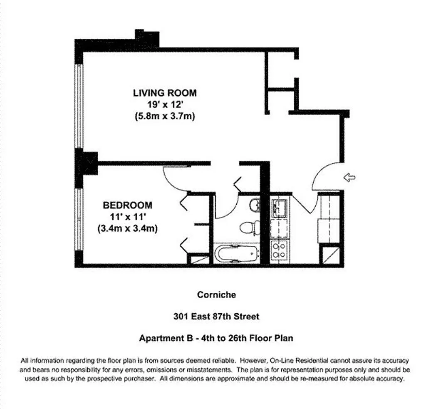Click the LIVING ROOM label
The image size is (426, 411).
click(165, 93)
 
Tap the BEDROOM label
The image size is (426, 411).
click(127, 205)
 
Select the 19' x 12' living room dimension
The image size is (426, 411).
click(165, 104)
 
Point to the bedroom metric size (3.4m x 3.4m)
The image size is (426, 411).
click(127, 228)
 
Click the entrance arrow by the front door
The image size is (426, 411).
click(349, 178)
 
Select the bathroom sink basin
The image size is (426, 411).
click(255, 205)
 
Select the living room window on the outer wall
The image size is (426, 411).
click(79, 106)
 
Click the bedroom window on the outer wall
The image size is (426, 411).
click(79, 219)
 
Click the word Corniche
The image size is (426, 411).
click(216, 295)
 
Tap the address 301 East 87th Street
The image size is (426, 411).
click(216, 317)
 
